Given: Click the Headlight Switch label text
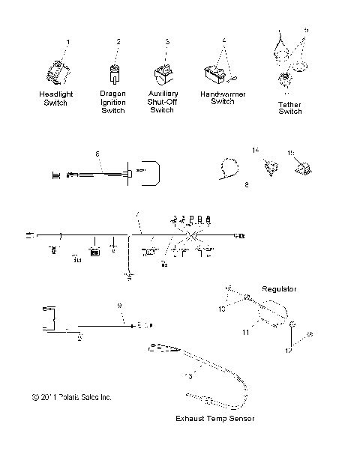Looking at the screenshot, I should tap(55, 98).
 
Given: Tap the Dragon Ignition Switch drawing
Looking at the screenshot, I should tap(114, 73).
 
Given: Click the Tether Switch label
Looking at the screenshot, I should tap(290, 107).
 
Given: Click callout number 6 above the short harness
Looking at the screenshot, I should tap(97, 154).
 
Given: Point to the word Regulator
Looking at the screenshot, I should tap(280, 288).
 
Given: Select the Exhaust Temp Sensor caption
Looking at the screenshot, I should tap(214, 418).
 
